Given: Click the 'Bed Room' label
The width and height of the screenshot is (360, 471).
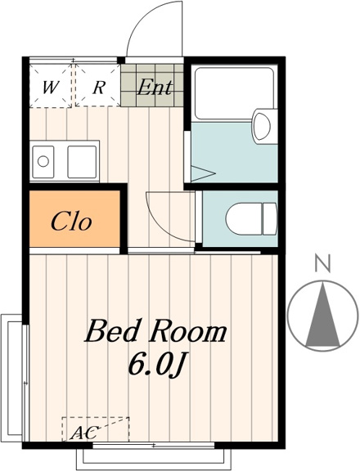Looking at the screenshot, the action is (155, 331).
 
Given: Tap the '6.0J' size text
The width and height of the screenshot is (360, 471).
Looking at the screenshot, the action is (155, 365).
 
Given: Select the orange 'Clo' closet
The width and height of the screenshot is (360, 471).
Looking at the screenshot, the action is (74, 219).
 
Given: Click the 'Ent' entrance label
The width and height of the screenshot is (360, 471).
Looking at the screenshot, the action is (155, 87).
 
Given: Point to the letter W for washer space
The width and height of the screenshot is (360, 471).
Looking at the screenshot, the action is (50, 87).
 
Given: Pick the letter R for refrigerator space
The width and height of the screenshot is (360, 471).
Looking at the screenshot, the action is (99, 87).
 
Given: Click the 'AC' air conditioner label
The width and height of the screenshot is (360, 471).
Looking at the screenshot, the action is (85, 433).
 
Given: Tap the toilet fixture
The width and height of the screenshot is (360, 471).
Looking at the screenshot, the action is (251, 218).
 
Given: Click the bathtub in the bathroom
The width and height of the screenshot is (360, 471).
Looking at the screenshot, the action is (234, 92).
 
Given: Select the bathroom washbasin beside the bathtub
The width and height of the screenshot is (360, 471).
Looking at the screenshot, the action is (262, 125).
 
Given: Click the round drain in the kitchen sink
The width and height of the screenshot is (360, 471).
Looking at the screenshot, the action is (43, 161).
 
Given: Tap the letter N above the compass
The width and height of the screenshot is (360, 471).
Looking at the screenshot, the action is (322, 262).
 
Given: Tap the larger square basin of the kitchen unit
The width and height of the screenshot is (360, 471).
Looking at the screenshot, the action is (82, 162).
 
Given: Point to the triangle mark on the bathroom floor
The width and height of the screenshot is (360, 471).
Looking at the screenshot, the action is (203, 173).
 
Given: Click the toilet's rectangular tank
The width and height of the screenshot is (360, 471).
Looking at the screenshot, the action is (270, 218).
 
